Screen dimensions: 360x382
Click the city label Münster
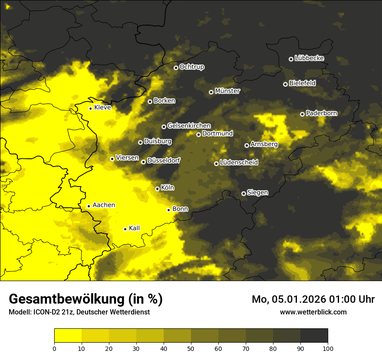pos(227,91)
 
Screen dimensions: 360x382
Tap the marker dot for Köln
pos(157,189)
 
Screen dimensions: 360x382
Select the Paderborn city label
pos(321,114)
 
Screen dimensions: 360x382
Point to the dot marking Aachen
pos(89,206)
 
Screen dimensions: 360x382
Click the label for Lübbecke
pos(309,59)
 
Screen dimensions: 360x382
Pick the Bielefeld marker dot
pos(285,84)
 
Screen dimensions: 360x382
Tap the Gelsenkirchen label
pos(189,126)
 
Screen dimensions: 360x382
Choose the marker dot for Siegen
pos(244,193)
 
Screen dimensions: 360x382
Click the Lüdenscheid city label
pos(239,163)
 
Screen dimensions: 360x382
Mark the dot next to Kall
pos(125,229)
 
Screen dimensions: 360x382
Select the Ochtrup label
pos(191,67)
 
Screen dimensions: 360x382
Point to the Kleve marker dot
pos(90,108)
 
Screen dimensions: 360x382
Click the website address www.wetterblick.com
pos(313,312)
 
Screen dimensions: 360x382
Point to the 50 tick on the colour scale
pos(191,348)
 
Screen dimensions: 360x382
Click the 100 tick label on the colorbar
pos(328,348)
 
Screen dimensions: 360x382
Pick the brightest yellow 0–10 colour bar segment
pos(68,336)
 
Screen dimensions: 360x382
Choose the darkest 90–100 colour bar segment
pos(314,336)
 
